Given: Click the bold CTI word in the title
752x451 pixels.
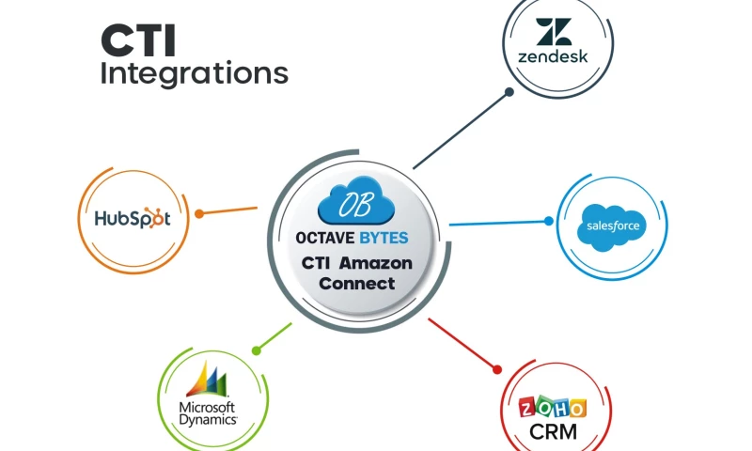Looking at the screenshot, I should point(138,41).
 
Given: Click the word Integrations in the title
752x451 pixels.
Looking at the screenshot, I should point(194,73).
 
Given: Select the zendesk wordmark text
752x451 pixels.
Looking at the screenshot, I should point(553,55).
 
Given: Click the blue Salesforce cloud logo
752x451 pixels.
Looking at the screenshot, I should point(612,225).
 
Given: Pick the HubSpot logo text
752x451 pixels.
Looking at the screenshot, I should point(133,219).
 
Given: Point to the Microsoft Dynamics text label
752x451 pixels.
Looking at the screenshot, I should point(208,413).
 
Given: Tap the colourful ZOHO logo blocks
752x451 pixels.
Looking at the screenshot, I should point(553,408).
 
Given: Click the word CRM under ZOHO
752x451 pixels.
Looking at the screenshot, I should point(553,432).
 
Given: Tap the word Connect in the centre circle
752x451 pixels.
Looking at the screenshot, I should point(356,283).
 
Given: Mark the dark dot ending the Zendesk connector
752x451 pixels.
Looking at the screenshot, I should point(509,92).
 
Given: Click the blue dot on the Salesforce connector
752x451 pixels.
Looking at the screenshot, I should point(549,222).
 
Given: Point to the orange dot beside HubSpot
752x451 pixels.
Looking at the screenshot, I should point(198,213).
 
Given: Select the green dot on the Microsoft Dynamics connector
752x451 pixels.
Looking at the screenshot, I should point(256,350).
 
